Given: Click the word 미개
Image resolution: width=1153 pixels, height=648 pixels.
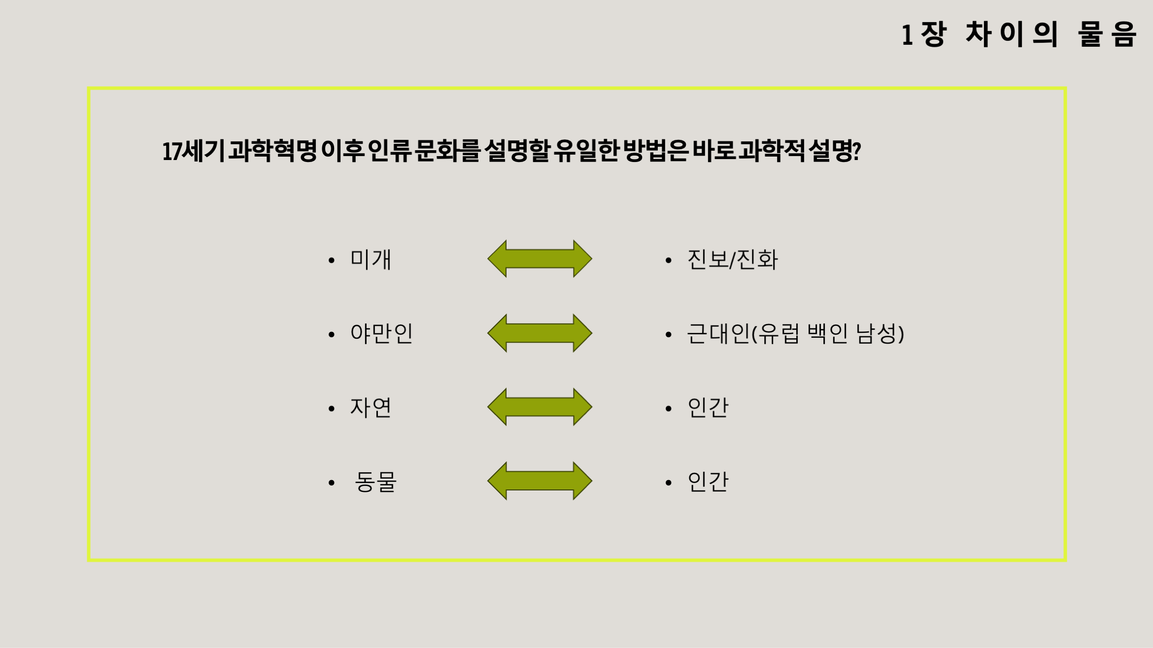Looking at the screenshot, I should pos(371,259).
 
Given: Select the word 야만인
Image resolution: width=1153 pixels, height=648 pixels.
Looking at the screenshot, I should pos(381,333).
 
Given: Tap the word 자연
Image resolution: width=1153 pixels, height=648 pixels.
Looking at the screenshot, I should pos(371,408).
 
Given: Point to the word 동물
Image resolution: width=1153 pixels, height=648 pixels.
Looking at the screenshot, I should pos(375,482).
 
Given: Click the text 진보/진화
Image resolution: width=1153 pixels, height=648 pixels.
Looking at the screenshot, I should pos(732,259).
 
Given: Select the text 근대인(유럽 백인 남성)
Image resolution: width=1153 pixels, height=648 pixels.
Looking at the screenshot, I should pos(795,333).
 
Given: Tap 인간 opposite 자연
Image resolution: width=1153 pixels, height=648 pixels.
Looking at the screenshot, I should pos(708,408).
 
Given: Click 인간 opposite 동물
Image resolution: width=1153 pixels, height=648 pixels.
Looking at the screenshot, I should pos(708,482).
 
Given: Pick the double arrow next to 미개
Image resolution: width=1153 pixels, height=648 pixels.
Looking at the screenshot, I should pos(540,259).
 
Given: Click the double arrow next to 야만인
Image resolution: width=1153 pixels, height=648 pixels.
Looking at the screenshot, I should pos(540,333).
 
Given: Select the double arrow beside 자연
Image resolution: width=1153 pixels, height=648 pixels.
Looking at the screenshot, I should pos(540,407).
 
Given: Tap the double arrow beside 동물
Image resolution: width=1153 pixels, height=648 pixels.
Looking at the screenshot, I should pos(540,481).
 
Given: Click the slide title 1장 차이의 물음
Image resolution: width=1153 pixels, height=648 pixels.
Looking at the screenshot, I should pos(1018,34).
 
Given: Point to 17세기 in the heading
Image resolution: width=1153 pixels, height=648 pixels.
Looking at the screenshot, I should pos(193,151).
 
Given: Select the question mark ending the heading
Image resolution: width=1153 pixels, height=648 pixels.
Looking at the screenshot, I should pos(856,151).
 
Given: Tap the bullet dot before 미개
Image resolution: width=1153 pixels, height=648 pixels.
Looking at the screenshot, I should pos(332,260).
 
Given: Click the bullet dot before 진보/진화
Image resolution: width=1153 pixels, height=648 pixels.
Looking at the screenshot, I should pos(669,260).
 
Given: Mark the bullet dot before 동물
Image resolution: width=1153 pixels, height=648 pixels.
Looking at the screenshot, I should pos(332,483).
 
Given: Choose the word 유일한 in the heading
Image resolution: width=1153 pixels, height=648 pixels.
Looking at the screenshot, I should pos(586,151).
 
